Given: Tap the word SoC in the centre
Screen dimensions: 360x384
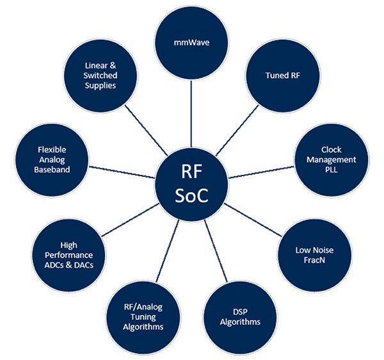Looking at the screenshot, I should (192, 197).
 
